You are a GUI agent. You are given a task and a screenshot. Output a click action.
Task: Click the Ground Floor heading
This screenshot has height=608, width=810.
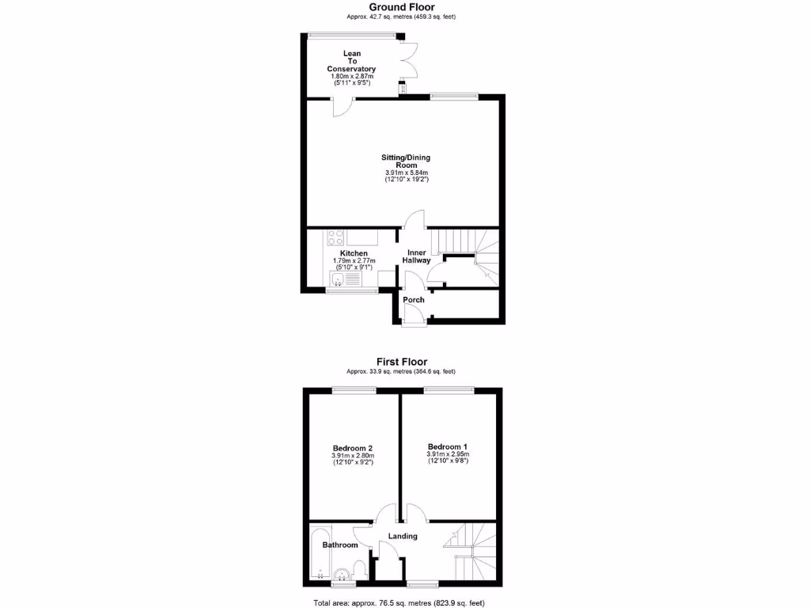coord(401,7)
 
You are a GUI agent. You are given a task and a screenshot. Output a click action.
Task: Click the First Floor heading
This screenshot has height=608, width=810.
coord(401,362)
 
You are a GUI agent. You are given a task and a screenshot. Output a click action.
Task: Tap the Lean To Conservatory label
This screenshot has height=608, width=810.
coord(351,62)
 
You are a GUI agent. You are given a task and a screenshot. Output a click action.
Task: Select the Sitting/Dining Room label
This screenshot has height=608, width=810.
coord(406,161)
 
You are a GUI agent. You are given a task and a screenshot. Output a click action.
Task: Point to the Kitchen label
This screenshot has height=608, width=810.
coord(354,253)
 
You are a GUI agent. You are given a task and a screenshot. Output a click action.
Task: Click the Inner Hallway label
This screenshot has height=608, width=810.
coord(416,256)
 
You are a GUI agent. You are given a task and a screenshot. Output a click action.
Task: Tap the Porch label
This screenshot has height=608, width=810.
coord(414,300)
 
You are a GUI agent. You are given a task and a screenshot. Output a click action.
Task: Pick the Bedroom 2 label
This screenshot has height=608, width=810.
coord(352,447)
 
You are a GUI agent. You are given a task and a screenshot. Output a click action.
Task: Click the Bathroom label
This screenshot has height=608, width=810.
coord(341,545)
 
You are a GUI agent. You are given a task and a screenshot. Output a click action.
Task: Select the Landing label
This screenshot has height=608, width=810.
coord(403,537)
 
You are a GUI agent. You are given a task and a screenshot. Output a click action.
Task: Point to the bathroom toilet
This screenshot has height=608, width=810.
coord(359,570)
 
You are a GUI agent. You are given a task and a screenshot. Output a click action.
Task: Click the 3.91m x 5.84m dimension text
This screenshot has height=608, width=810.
coord(406,173)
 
